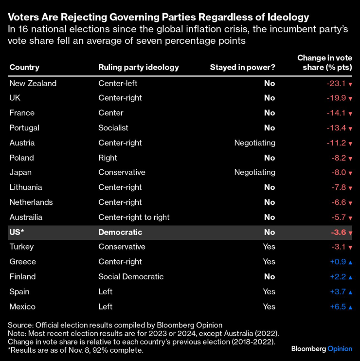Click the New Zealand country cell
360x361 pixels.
pos(33,83)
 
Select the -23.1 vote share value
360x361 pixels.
pos(336,83)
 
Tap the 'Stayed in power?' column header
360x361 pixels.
pos(242,68)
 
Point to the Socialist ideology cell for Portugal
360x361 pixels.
pos(113,128)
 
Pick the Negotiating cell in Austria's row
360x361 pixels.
pos(254,143)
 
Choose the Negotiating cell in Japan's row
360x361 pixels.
pos(254,173)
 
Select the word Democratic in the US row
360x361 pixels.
pos(120,233)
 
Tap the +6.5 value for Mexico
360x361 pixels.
pos(338,307)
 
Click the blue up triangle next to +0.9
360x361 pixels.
pos(350,262)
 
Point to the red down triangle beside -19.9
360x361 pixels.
pos(350,99)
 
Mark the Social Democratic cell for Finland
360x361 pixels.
pos(131,277)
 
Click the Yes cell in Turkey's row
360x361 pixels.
pos(269,247)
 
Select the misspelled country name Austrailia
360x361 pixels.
pos(26,217)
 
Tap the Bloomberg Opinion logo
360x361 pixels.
pos(322,349)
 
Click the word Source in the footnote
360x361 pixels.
pos(18,325)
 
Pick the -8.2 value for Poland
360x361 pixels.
pos(338,158)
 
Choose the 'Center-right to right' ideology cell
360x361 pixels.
pos(134,217)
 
